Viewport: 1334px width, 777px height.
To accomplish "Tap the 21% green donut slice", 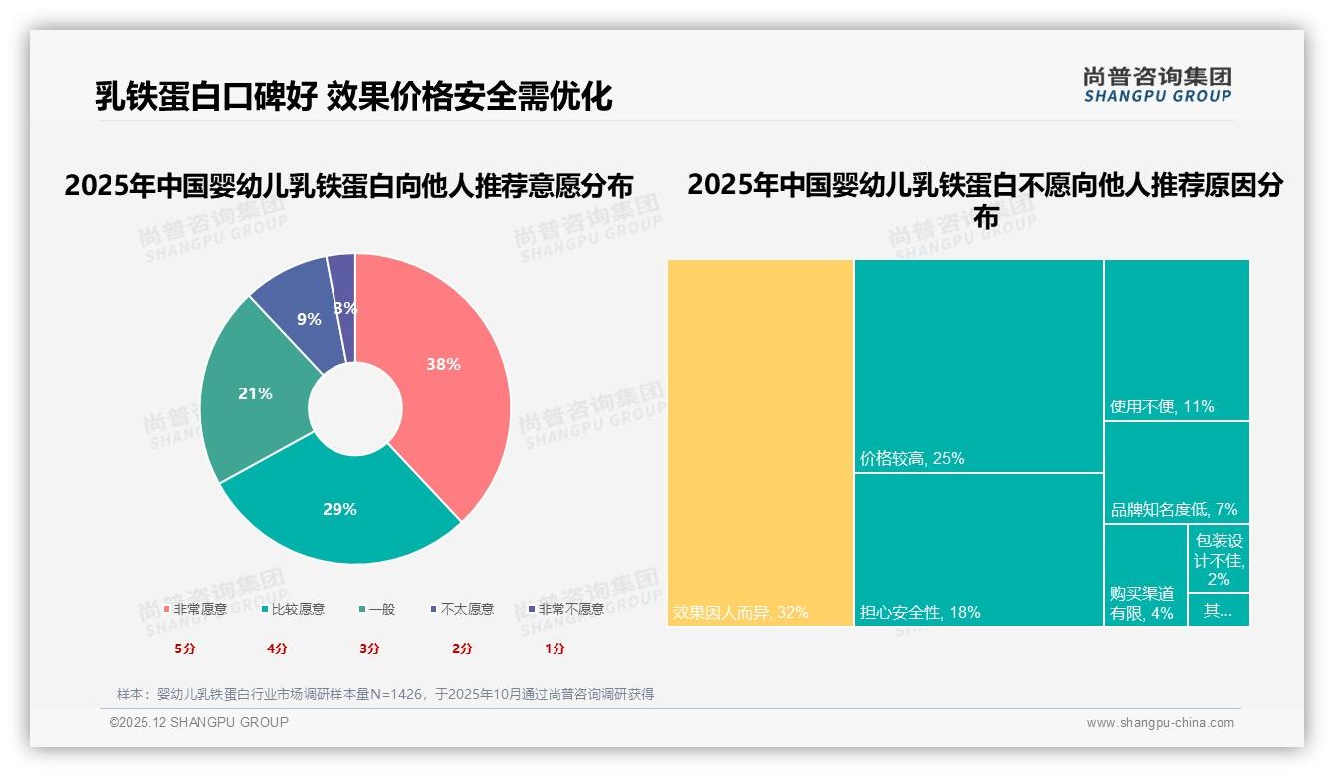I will click(254, 393).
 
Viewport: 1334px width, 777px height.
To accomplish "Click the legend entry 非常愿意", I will click(195, 609).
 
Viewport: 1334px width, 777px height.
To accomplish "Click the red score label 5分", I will click(185, 648).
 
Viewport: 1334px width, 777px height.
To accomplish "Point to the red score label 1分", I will click(555, 648).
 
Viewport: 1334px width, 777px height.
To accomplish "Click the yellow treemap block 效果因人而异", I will click(761, 443).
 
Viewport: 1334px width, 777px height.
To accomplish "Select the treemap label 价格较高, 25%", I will click(912, 459).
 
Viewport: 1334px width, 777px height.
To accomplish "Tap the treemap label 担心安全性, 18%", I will click(920, 612).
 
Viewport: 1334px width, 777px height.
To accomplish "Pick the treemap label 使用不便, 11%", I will click(1162, 407).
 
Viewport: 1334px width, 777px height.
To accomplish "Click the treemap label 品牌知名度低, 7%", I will click(1174, 510).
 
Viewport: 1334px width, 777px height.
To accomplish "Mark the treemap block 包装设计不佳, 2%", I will click(1219, 559).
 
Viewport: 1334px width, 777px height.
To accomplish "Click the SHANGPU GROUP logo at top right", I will click(1157, 85).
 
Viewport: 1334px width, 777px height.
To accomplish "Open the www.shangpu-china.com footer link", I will click(1160, 723).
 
